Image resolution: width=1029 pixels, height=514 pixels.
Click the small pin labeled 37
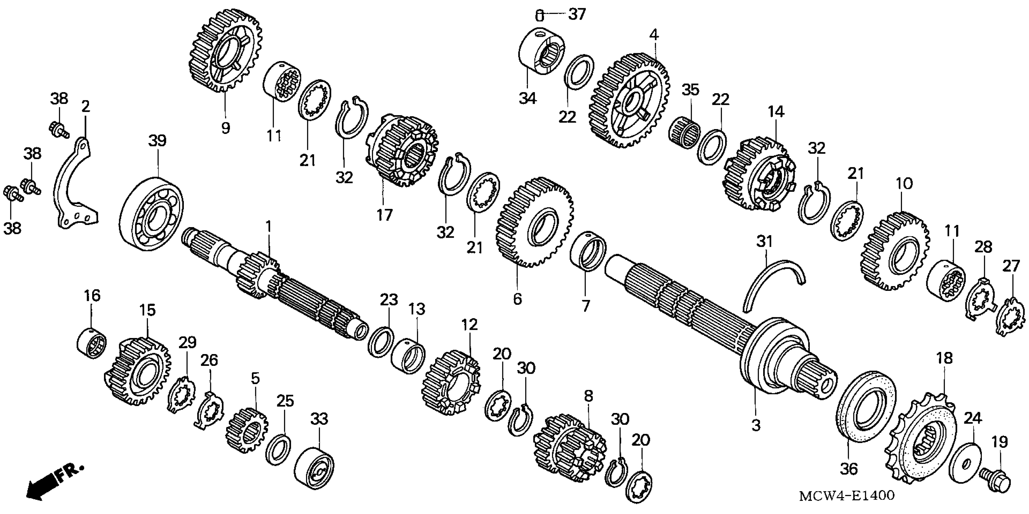pos(539,16)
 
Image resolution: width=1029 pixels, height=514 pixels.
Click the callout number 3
pos(755,425)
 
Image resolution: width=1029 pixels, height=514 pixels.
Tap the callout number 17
pos(384,215)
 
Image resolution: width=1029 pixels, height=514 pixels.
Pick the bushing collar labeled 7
pos(588,252)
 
